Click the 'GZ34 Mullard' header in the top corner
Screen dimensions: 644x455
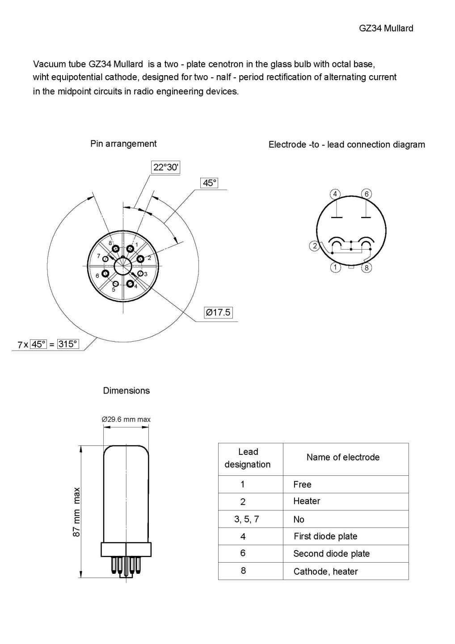tap(386, 28)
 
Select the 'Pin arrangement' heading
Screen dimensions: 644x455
tap(123, 144)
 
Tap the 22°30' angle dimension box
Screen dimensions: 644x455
tap(166, 168)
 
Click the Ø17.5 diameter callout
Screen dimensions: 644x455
tap(218, 312)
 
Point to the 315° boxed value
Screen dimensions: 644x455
tap(68, 344)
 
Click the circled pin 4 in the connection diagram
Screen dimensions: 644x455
tap(335, 194)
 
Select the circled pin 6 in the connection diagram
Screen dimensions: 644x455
tap(367, 194)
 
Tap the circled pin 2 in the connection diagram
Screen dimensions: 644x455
tap(315, 246)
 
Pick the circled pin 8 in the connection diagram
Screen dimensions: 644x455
tap(366, 268)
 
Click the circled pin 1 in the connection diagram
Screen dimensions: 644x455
tap(335, 268)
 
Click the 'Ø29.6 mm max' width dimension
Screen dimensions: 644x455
tap(126, 419)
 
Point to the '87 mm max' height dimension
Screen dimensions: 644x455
tap(77, 512)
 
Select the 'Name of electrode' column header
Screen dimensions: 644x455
tap(343, 458)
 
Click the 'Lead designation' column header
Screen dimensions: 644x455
tap(248, 458)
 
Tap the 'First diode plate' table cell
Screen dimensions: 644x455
tap(325, 536)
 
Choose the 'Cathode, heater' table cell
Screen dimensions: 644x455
tap(325, 571)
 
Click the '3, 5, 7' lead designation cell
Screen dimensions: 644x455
tap(246, 519)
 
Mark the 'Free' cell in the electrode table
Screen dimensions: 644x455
tap(302, 484)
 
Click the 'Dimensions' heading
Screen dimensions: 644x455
tap(126, 390)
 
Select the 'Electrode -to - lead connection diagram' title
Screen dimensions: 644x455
tap(346, 144)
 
